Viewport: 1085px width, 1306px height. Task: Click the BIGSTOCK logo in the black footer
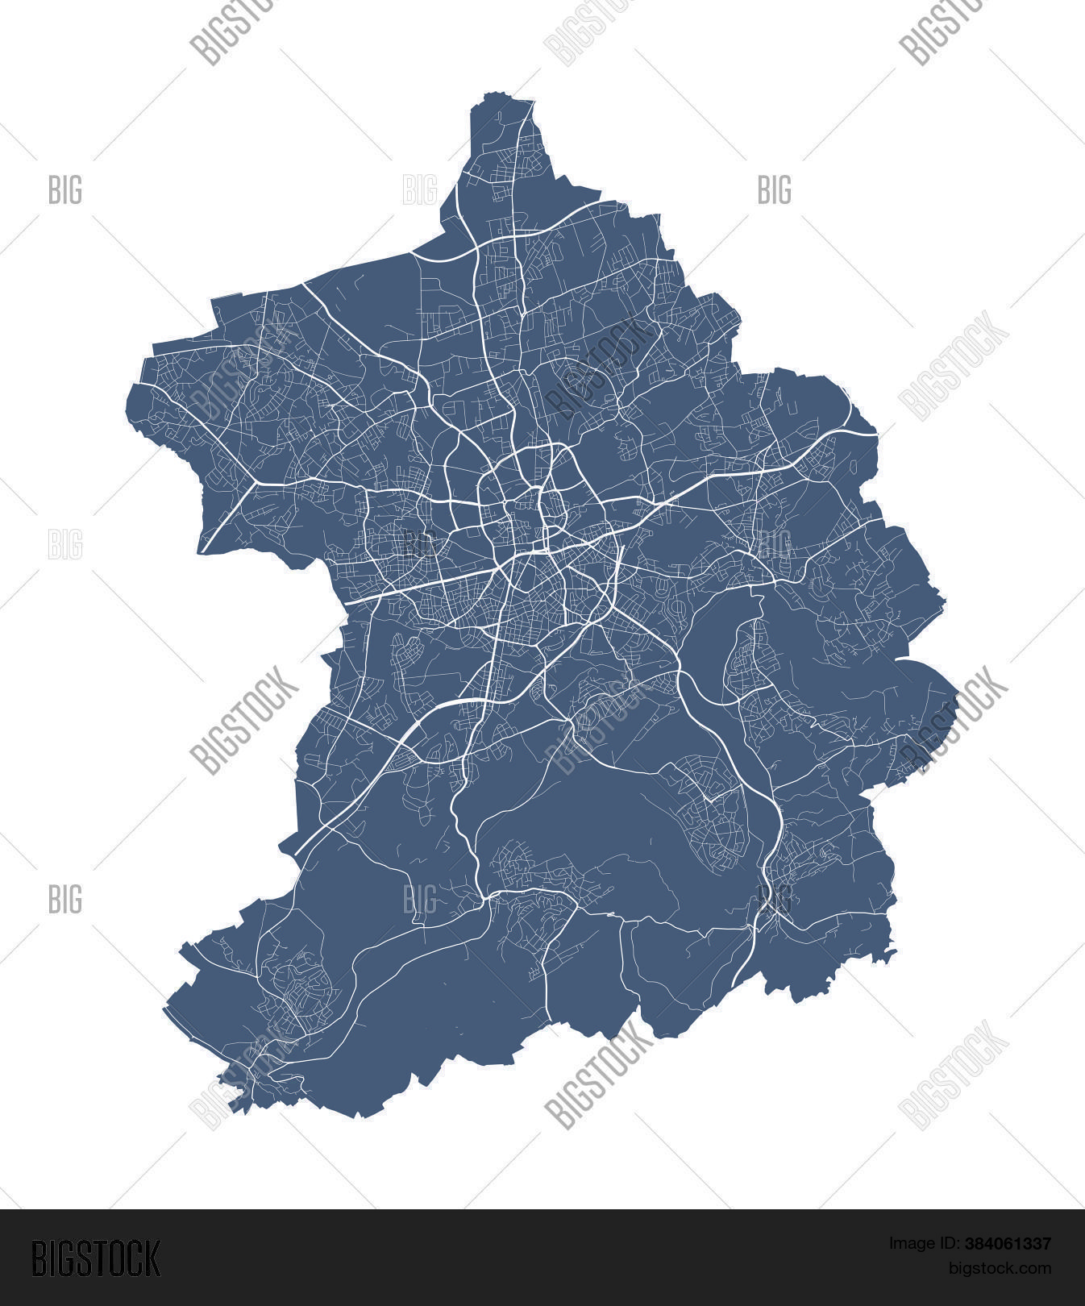coord(95,1258)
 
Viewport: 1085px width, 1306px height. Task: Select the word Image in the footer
coord(908,1244)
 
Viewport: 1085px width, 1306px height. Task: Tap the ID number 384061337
coord(1008,1244)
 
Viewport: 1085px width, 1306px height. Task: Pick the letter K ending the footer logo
coord(151,1258)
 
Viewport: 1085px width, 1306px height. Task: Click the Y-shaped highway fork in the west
coord(257,484)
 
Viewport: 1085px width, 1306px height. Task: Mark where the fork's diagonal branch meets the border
coord(202,553)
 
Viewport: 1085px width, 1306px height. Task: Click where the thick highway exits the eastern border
coord(877,435)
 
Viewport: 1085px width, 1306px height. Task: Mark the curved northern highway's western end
coord(413,254)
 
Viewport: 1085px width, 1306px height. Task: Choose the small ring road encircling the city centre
coord(528,492)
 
